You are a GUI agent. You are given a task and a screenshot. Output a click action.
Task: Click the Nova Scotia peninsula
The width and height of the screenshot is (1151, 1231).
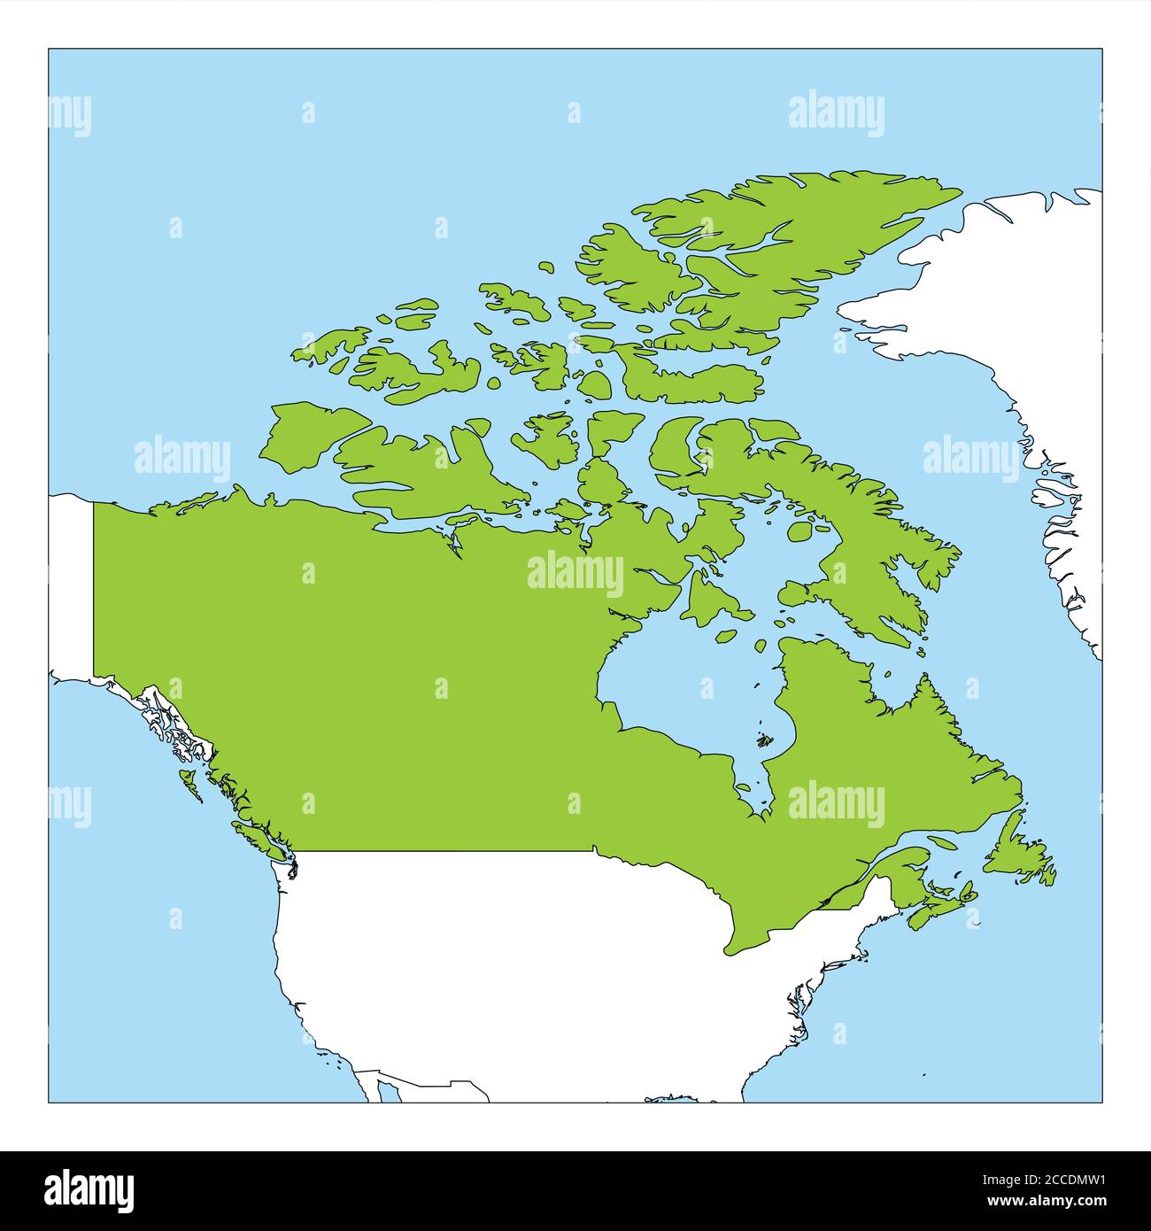(939, 908)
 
